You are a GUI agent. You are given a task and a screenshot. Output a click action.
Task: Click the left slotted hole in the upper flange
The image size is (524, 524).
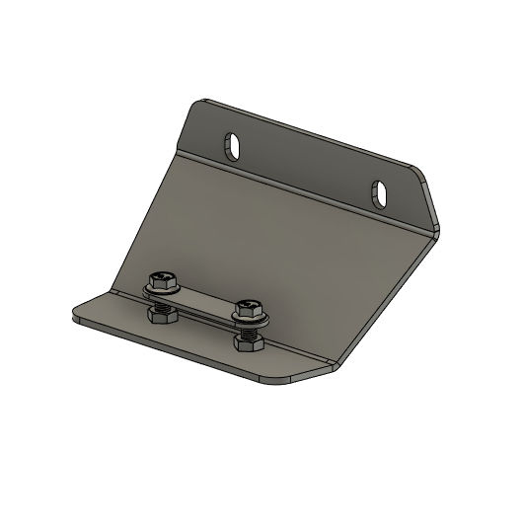pos(236,147)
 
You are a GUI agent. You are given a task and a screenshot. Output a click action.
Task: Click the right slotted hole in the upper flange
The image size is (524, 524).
pos(380,191)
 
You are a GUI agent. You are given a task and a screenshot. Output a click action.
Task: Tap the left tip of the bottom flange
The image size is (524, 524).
pos(75,315)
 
